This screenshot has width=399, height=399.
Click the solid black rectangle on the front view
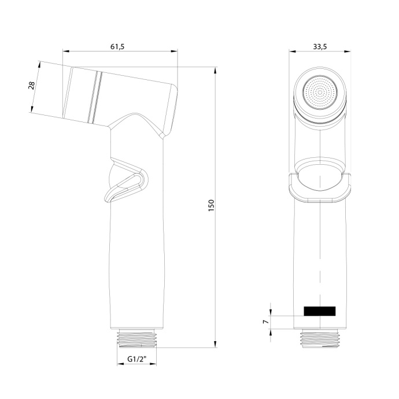(320, 311)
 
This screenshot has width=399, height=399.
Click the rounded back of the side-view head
(172, 107)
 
